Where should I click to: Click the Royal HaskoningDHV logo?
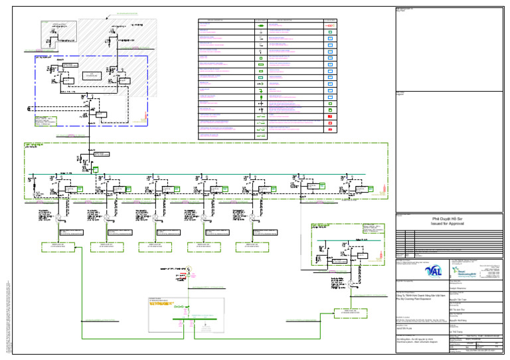(x=469, y=271)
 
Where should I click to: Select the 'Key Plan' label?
(x=400, y=11)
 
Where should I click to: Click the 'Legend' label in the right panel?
(x=400, y=94)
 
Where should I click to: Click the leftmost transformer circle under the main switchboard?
(x=58, y=217)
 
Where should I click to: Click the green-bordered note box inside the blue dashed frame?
(x=46, y=121)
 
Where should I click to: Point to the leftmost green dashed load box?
(x=58, y=247)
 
